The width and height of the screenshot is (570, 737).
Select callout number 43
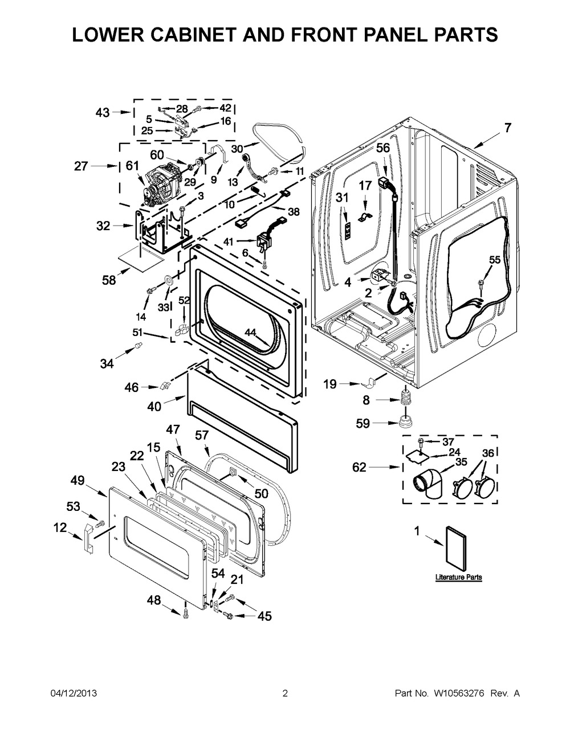pyautogui.click(x=103, y=113)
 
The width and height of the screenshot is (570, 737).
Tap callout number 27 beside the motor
pyautogui.click(x=82, y=166)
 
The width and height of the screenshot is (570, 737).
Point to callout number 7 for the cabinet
pyautogui.click(x=507, y=128)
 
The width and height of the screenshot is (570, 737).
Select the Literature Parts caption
pyautogui.click(x=458, y=577)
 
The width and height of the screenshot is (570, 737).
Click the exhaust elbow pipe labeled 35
pyautogui.click(x=433, y=485)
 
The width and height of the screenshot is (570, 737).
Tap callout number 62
pyautogui.click(x=359, y=468)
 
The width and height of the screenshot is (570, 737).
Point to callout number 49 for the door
pyautogui.click(x=78, y=481)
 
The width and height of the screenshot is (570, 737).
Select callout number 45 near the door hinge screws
pyautogui.click(x=264, y=616)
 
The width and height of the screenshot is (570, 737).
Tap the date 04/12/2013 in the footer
pyautogui.click(x=73, y=694)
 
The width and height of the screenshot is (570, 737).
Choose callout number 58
pyautogui.click(x=109, y=280)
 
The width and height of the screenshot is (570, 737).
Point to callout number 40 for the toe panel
pyautogui.click(x=154, y=407)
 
